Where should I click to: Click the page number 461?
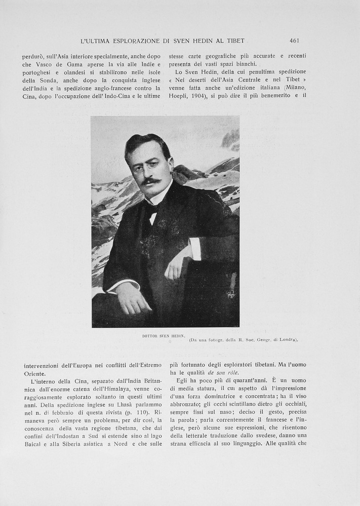(294, 41)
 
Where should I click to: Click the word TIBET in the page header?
(233, 41)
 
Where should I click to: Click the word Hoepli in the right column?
(178, 95)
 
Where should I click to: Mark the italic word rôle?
(232, 372)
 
